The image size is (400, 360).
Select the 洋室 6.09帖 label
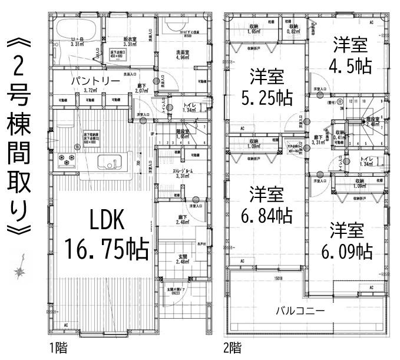[x=347, y=241]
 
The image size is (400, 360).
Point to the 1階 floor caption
[x=58, y=348]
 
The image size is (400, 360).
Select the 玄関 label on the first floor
[x=183, y=259]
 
